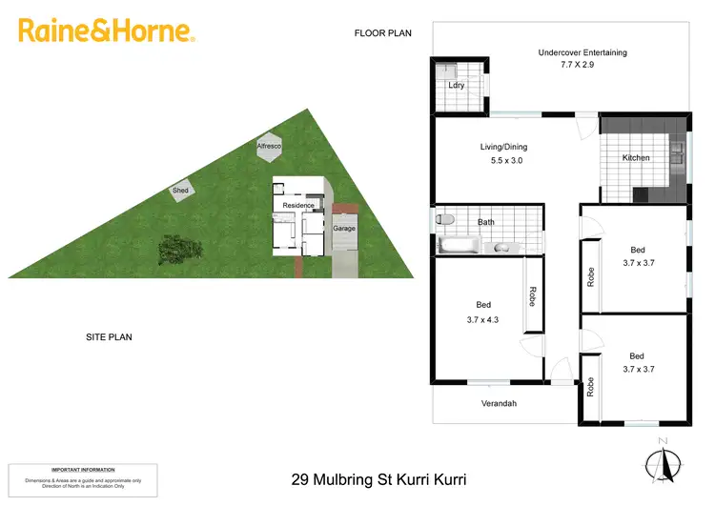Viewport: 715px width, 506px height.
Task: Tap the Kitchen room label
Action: click(x=636, y=157)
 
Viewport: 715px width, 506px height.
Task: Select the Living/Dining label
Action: click(x=502, y=147)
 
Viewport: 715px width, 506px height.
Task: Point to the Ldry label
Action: click(x=456, y=86)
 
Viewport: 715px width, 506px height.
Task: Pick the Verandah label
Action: click(x=498, y=404)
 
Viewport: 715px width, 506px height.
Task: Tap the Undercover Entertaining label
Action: click(x=582, y=52)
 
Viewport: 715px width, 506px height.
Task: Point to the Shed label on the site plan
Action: click(x=180, y=191)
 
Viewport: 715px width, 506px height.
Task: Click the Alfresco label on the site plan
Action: click(x=268, y=146)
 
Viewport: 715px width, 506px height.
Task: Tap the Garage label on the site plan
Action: click(x=343, y=229)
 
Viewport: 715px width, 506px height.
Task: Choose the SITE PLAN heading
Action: click(x=107, y=336)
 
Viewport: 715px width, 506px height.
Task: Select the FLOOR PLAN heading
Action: click(x=382, y=33)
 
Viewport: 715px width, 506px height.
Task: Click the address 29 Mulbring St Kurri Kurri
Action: click(x=378, y=479)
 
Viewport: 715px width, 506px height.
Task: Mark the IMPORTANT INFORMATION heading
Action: click(x=83, y=470)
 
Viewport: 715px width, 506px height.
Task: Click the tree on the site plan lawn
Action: click(x=179, y=250)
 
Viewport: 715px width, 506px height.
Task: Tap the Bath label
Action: click(x=486, y=222)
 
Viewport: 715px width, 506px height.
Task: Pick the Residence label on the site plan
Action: click(x=298, y=205)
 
